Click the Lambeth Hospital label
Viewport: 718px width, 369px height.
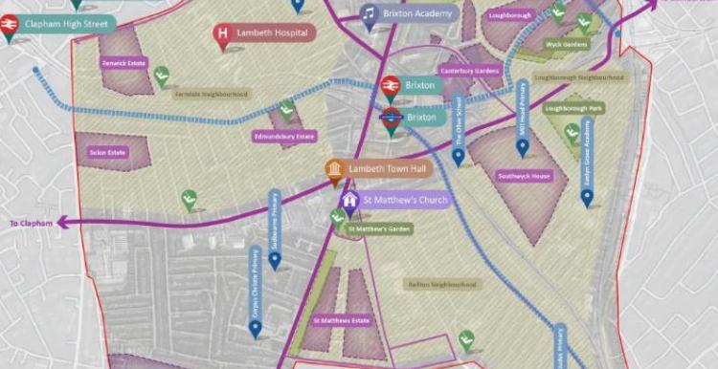click(x=277, y=33)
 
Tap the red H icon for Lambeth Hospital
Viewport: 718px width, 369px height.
click(x=223, y=34)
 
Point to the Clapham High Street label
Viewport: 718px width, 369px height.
click(x=65, y=23)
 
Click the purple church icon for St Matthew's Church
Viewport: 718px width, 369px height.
click(x=350, y=201)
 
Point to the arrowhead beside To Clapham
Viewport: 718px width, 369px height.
click(x=62, y=223)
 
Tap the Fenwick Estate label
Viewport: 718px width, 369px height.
click(x=123, y=64)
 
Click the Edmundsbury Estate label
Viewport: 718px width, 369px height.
click(x=284, y=137)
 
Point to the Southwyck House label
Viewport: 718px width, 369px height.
click(x=524, y=176)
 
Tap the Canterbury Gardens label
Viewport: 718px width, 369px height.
click(x=470, y=70)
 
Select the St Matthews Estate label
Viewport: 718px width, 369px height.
click(x=341, y=320)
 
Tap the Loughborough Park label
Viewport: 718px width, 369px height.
click(x=573, y=109)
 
